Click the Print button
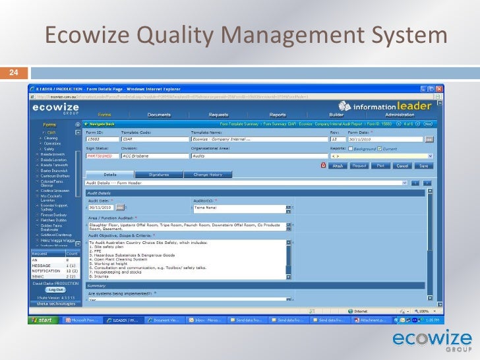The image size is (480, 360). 380,166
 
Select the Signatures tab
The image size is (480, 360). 159,175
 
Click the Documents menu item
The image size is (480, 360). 160,115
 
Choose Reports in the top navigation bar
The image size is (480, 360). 278,115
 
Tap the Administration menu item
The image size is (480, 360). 400,115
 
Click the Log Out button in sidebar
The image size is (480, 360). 54,289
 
